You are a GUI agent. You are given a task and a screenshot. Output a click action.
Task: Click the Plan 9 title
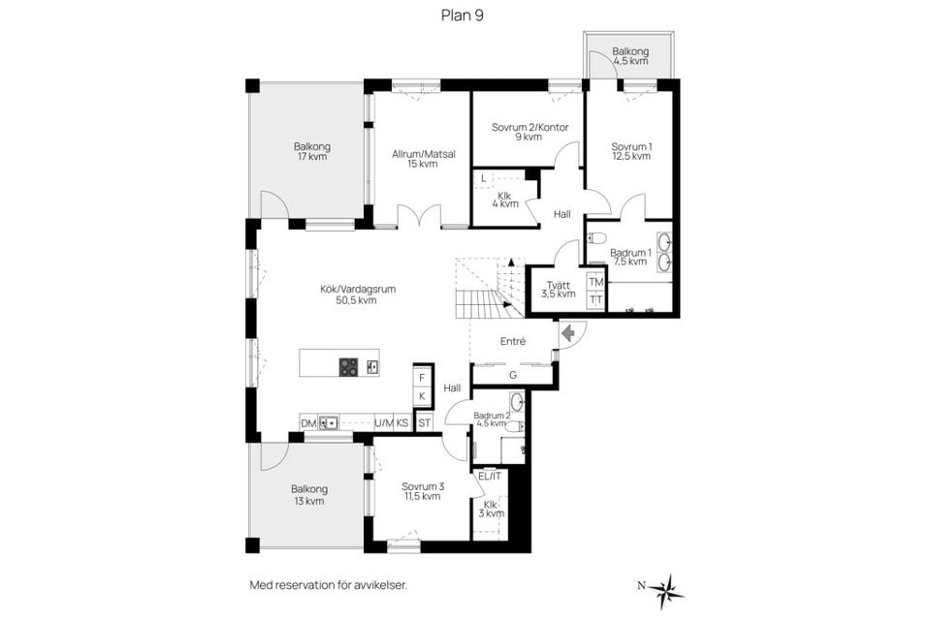462,15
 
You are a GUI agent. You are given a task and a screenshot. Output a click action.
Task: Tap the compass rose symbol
668,590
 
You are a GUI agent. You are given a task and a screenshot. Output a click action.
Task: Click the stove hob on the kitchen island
348,367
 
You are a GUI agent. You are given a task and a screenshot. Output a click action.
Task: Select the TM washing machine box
596,282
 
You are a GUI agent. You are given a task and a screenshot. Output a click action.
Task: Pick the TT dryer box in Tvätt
596,300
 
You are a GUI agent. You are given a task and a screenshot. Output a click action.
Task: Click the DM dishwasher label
308,423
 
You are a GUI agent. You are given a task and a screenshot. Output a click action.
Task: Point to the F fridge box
422,378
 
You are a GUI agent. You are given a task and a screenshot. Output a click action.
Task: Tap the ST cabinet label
424,423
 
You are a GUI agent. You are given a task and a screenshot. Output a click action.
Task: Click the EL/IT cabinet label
490,476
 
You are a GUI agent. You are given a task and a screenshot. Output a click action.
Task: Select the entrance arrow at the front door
568,333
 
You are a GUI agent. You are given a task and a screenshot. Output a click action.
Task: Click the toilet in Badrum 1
595,238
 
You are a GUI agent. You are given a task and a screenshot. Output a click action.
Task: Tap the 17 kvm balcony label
311,157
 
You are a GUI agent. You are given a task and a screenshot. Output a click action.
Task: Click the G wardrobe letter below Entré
513,375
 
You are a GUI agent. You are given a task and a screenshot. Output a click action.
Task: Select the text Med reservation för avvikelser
329,585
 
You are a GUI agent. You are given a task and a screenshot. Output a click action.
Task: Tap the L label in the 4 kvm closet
484,178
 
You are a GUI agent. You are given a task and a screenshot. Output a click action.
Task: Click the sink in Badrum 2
517,402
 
